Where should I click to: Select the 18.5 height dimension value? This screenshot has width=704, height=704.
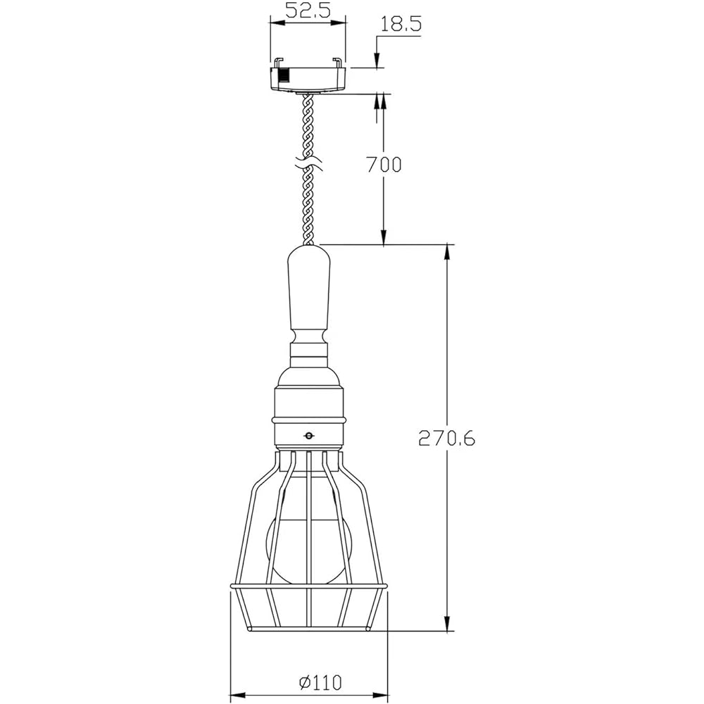tap(401, 24)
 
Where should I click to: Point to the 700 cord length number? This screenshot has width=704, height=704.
tap(384, 165)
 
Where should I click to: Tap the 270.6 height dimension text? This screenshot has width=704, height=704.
tap(447, 438)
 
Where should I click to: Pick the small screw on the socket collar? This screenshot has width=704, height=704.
tap(308, 436)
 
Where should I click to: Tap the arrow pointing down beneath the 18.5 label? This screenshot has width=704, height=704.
tap(378, 62)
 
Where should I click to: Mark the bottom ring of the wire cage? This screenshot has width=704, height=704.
tap(310, 629)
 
